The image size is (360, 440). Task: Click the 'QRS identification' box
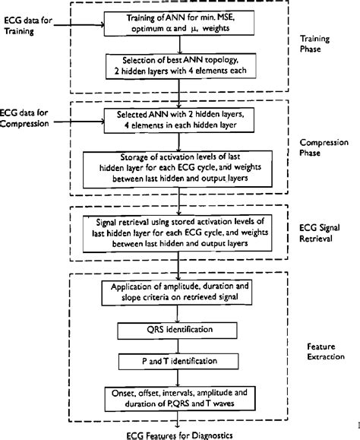pos(178,331)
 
